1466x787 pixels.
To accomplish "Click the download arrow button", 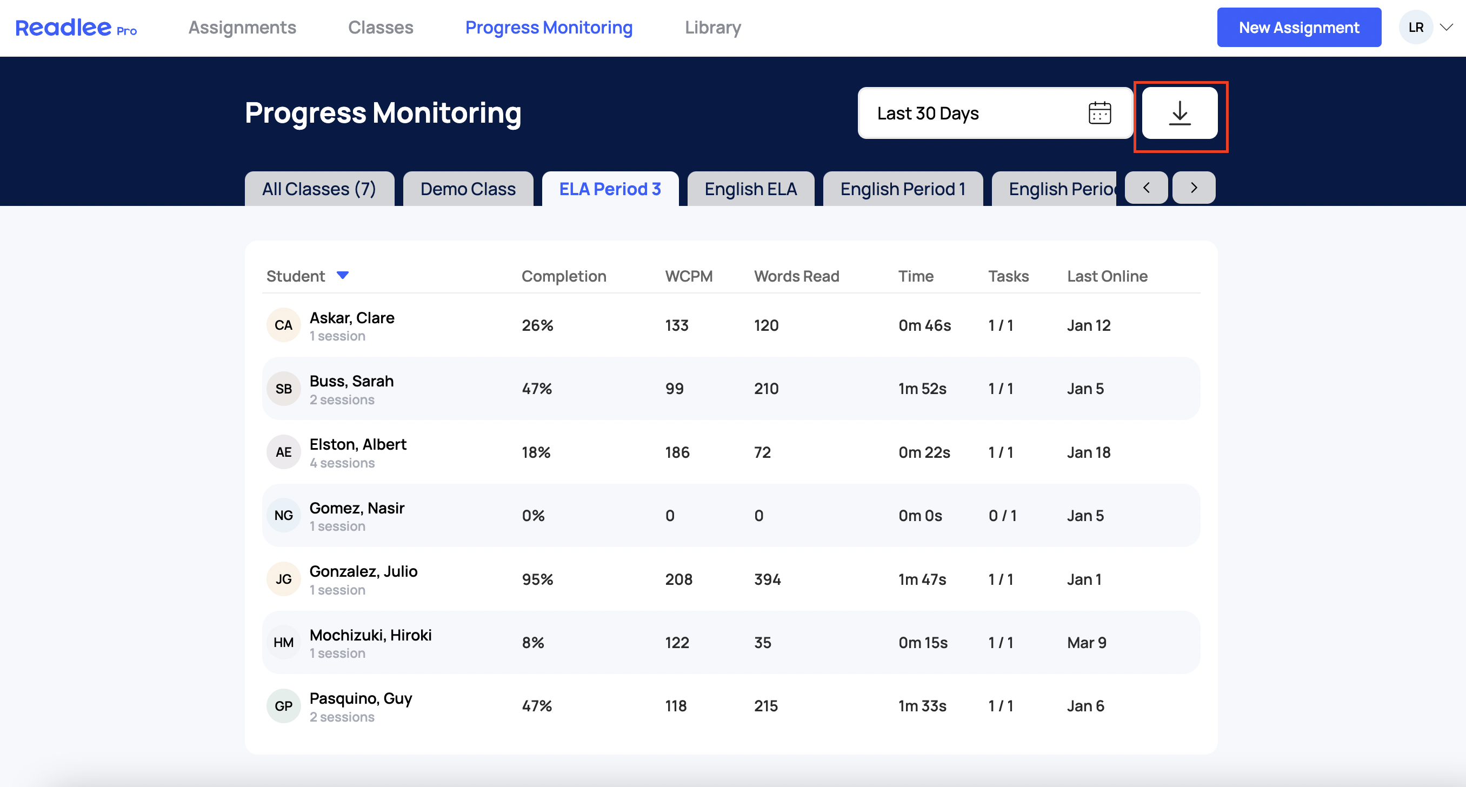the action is [1180, 112].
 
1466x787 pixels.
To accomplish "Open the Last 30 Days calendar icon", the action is [1099, 112].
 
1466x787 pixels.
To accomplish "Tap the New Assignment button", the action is [1298, 28].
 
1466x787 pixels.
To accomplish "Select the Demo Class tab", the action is [468, 188].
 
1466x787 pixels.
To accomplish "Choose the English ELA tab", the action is [751, 188].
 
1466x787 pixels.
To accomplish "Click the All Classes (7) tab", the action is [319, 188].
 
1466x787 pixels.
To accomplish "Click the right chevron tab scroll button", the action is [1194, 187].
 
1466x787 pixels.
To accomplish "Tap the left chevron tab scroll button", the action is [1146, 187].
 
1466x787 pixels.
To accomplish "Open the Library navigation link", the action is [712, 28].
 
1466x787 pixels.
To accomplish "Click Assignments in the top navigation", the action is [242, 28].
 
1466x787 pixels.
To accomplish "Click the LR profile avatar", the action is [1416, 28].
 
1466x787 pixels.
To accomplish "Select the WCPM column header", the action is [689, 276].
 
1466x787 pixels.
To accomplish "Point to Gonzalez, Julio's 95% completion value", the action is [538, 579].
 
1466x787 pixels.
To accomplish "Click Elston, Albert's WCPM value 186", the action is [677, 452].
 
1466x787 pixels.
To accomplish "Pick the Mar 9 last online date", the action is [1087, 643].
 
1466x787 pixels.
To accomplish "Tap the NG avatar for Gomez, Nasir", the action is [283, 516].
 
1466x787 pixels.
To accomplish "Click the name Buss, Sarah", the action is [352, 381].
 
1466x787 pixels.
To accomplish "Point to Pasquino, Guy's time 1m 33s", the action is [923, 705].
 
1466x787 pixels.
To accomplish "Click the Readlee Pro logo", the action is [76, 28].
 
